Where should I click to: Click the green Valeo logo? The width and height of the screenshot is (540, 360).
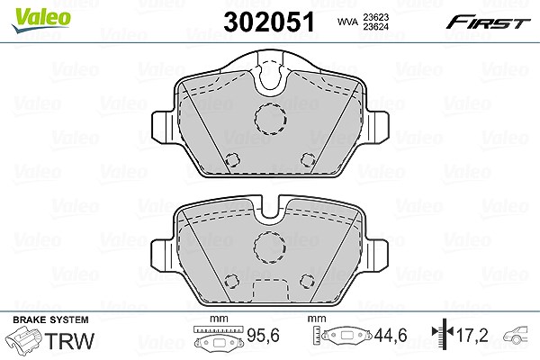41,19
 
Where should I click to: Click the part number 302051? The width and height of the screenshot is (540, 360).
269,22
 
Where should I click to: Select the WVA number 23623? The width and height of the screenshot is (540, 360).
375,17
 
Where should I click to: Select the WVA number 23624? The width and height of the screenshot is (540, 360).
375,26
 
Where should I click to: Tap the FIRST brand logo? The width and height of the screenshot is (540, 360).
488,22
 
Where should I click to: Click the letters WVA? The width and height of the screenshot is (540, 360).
347,22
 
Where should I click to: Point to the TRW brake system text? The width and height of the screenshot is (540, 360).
69,341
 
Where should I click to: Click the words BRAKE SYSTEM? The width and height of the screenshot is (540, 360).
50,319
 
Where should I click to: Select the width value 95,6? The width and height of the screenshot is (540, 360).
263,335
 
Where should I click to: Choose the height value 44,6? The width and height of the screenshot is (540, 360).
391,335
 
